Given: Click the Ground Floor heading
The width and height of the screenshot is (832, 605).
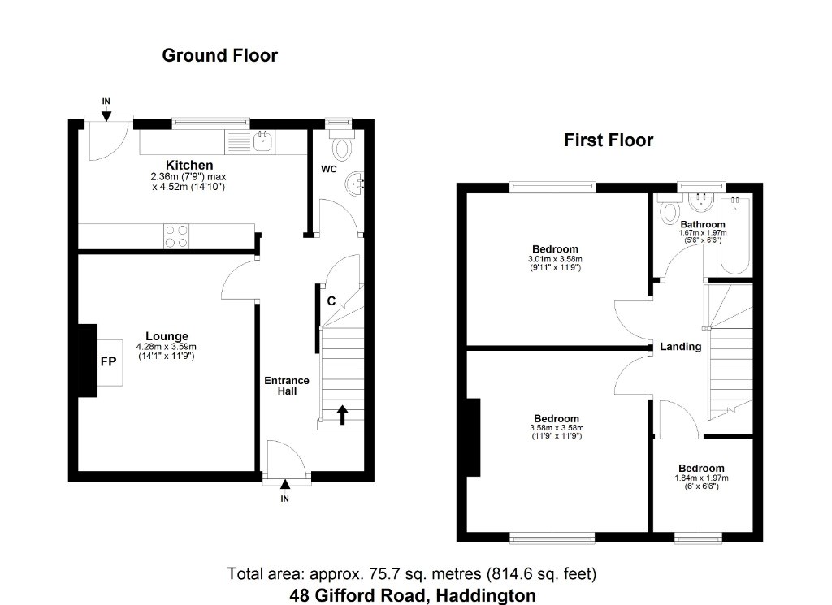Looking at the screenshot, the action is click(219, 56).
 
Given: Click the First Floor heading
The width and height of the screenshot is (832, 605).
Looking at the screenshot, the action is click(609, 140).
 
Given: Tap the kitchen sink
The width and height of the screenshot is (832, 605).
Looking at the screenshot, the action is click(263, 141).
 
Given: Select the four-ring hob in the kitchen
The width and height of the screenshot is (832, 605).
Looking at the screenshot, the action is click(176, 236).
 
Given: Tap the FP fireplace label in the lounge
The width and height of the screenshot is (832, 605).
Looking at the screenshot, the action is click(108, 361).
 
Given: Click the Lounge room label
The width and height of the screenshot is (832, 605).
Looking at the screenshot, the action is click(167, 336).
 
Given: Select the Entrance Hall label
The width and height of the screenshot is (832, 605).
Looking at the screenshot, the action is click(287, 386).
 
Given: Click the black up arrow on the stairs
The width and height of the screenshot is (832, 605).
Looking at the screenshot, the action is click(342, 415).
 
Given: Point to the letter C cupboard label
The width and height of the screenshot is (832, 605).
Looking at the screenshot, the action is click(331, 301).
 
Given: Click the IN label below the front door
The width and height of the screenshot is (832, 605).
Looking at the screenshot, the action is click(285, 499).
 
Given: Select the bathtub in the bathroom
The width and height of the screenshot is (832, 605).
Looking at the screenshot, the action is click(734, 235).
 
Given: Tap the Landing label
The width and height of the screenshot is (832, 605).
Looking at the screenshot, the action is click(681, 347).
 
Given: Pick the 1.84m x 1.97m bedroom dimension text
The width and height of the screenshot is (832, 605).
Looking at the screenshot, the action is click(701, 478).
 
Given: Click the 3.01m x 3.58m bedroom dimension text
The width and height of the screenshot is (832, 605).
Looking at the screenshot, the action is click(555, 259).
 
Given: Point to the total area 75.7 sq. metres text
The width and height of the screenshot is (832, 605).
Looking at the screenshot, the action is click(412, 573).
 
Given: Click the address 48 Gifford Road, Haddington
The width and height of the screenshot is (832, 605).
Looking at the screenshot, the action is click(412, 595).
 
